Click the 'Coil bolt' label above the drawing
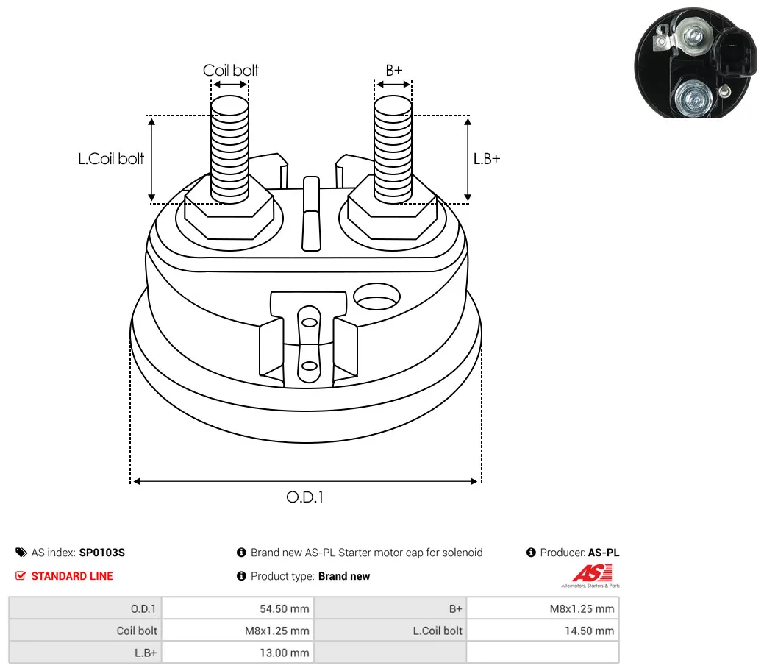pyautogui.click(x=230, y=70)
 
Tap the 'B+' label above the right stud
pyautogui.click(x=393, y=70)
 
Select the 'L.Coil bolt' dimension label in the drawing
pyautogui.click(x=111, y=158)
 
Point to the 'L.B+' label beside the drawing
pyautogui.click(x=487, y=158)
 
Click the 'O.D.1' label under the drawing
pyautogui.click(x=305, y=497)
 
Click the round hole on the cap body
pyautogui.click(x=376, y=297)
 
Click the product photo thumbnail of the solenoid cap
pyautogui.click(x=696, y=63)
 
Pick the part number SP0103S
pyautogui.click(x=101, y=553)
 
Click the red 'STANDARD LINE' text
pyautogui.click(x=72, y=576)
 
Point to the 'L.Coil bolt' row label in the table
pyautogui.click(x=438, y=631)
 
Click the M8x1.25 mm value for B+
pyautogui.click(x=582, y=608)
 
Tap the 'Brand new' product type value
pyautogui.click(x=344, y=576)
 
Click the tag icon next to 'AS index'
pyautogui.click(x=21, y=553)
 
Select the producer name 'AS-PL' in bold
pyautogui.click(x=604, y=553)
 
